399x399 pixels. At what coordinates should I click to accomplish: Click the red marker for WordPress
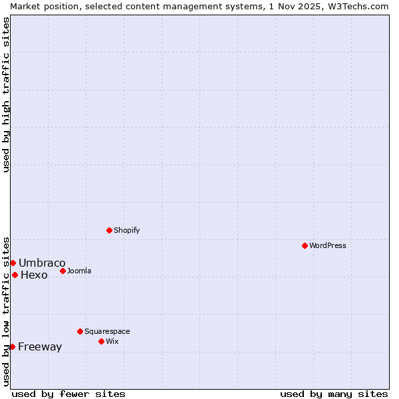pos(305,245)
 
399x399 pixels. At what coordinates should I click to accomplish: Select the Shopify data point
pos(110,230)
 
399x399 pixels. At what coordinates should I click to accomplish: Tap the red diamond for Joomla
pos(63,271)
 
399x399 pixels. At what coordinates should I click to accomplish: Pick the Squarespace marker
pos(80,331)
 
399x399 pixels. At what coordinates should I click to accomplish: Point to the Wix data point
pos(102,341)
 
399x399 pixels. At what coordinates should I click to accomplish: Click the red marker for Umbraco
pos(13,263)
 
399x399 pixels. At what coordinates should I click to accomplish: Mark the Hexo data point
pos(15,275)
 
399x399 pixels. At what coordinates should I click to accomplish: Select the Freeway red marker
pos(12,346)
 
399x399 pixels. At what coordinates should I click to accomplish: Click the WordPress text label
pos(328,245)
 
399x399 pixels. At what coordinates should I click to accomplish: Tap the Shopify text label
pos(126,230)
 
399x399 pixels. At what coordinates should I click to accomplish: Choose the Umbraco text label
pos(42,263)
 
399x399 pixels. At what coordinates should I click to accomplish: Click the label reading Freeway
pos(40,346)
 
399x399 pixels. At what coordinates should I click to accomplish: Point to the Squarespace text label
pos(107,331)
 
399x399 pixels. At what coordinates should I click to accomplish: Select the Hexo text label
pos(34,275)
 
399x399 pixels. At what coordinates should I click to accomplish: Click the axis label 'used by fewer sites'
pos(68,394)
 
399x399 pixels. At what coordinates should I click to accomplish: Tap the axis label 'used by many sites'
pos(334,394)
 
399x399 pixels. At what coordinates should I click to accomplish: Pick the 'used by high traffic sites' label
pos(6,94)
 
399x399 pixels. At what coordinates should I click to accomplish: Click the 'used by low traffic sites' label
pos(6,311)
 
